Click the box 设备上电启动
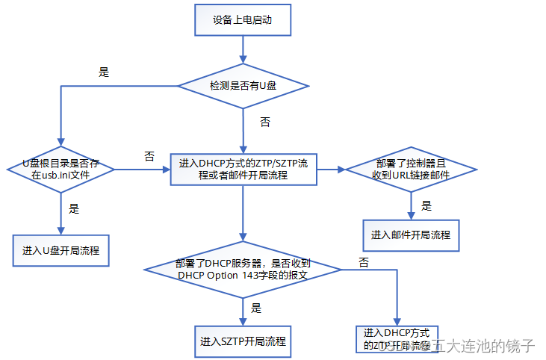point(242,21)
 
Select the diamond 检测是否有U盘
point(243,87)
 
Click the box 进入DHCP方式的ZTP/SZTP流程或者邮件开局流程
point(243,170)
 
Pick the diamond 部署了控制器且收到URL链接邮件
point(412,170)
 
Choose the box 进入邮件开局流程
point(411,235)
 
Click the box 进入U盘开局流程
point(61,249)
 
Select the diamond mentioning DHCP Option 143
point(243,269)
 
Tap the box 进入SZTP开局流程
point(242,342)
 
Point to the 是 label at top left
point(104,72)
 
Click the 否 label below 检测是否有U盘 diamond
point(264,122)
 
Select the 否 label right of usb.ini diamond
point(149,156)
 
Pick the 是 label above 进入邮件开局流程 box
point(426,205)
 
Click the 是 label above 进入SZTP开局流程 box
point(255,308)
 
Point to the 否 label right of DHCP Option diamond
point(364,262)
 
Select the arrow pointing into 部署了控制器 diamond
point(331,170)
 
